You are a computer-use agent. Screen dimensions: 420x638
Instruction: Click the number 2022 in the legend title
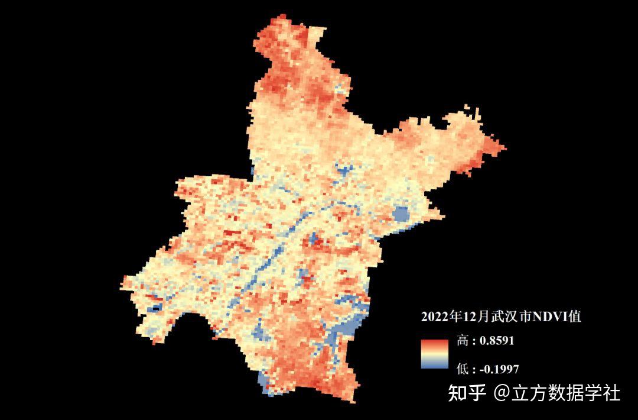[434, 317]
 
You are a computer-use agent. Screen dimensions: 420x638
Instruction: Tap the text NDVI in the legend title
[549, 317]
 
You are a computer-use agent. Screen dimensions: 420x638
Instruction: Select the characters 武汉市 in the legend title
[513, 317]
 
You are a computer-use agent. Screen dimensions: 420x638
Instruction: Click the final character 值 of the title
[575, 317]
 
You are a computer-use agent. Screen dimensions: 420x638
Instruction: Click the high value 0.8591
[496, 341]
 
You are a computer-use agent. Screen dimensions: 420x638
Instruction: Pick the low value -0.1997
[499, 369]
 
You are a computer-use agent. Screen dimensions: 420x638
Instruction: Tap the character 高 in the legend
[463, 341]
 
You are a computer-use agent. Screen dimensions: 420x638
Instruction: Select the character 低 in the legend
[463, 369]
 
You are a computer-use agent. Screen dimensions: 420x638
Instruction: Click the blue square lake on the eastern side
[402, 214]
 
